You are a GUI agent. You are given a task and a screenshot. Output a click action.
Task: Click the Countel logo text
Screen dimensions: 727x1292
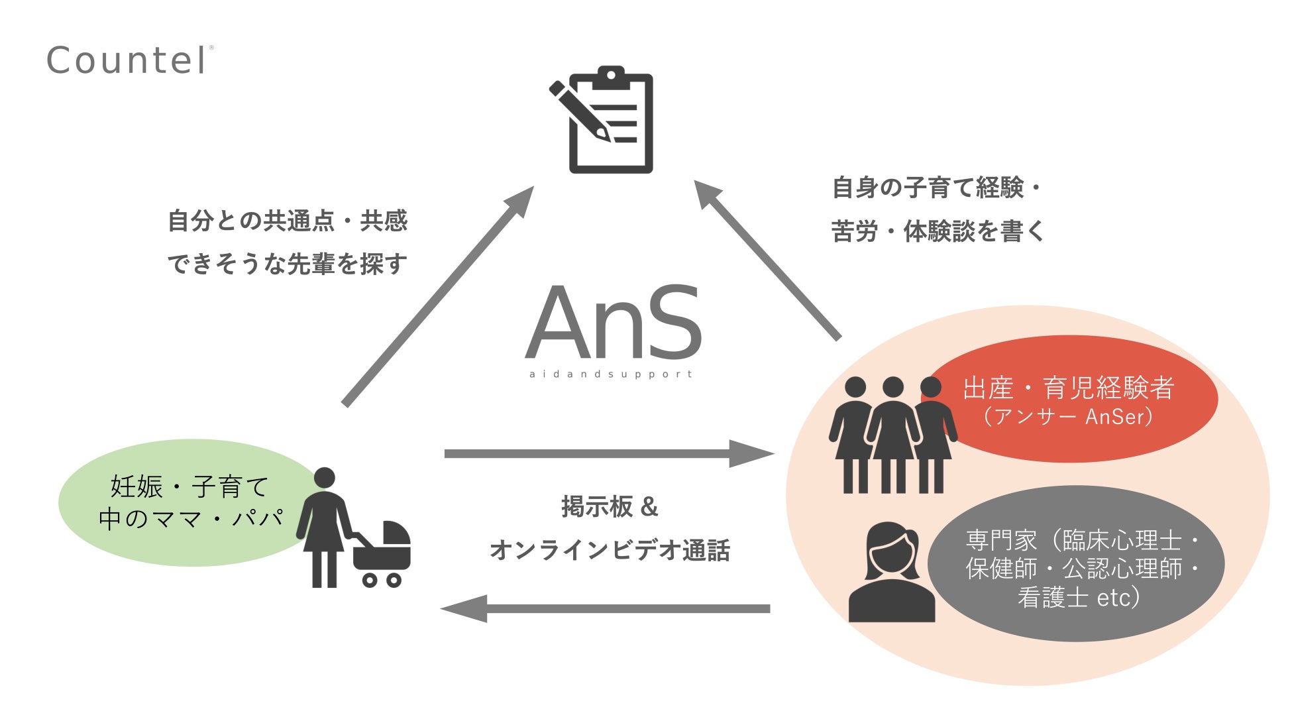(127, 60)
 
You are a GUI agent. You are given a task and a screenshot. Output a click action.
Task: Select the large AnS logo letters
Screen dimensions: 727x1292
(614, 323)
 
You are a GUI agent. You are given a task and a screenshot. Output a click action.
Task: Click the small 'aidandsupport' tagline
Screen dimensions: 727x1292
(610, 374)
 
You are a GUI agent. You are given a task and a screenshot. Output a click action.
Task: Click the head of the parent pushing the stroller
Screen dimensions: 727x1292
(324, 478)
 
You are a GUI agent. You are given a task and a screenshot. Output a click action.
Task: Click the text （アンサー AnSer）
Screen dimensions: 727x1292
(1068, 417)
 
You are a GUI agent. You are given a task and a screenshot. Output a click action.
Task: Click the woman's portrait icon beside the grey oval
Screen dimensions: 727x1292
(890, 573)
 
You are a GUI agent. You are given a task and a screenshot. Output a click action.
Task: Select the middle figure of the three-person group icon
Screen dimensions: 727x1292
(893, 434)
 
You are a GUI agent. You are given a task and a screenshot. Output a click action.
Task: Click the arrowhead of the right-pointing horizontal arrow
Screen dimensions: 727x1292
(752, 454)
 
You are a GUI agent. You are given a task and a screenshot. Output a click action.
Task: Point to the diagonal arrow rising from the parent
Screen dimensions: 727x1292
(437, 296)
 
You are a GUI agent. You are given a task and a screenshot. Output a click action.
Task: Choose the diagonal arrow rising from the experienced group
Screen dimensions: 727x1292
(769, 260)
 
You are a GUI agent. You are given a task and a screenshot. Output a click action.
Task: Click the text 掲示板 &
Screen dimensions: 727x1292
(610, 507)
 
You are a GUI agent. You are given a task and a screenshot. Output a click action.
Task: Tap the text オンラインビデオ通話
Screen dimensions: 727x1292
(610, 550)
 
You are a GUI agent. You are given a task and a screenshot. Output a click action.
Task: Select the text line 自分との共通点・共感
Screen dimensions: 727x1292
(287, 221)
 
